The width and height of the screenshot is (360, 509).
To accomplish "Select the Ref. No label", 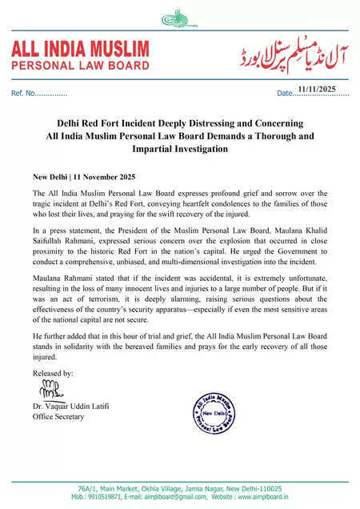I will [x=24, y=94].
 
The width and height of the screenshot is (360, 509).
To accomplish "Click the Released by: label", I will [x=53, y=373].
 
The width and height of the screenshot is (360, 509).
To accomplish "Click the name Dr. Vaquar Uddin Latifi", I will [x=77, y=407].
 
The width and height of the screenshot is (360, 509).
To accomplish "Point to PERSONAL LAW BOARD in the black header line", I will [x=78, y=64].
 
